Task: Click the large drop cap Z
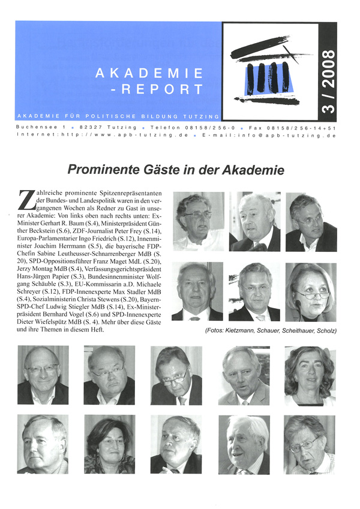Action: (27, 200)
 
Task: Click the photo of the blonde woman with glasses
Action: (311, 293)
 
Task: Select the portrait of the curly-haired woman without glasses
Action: (309, 376)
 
